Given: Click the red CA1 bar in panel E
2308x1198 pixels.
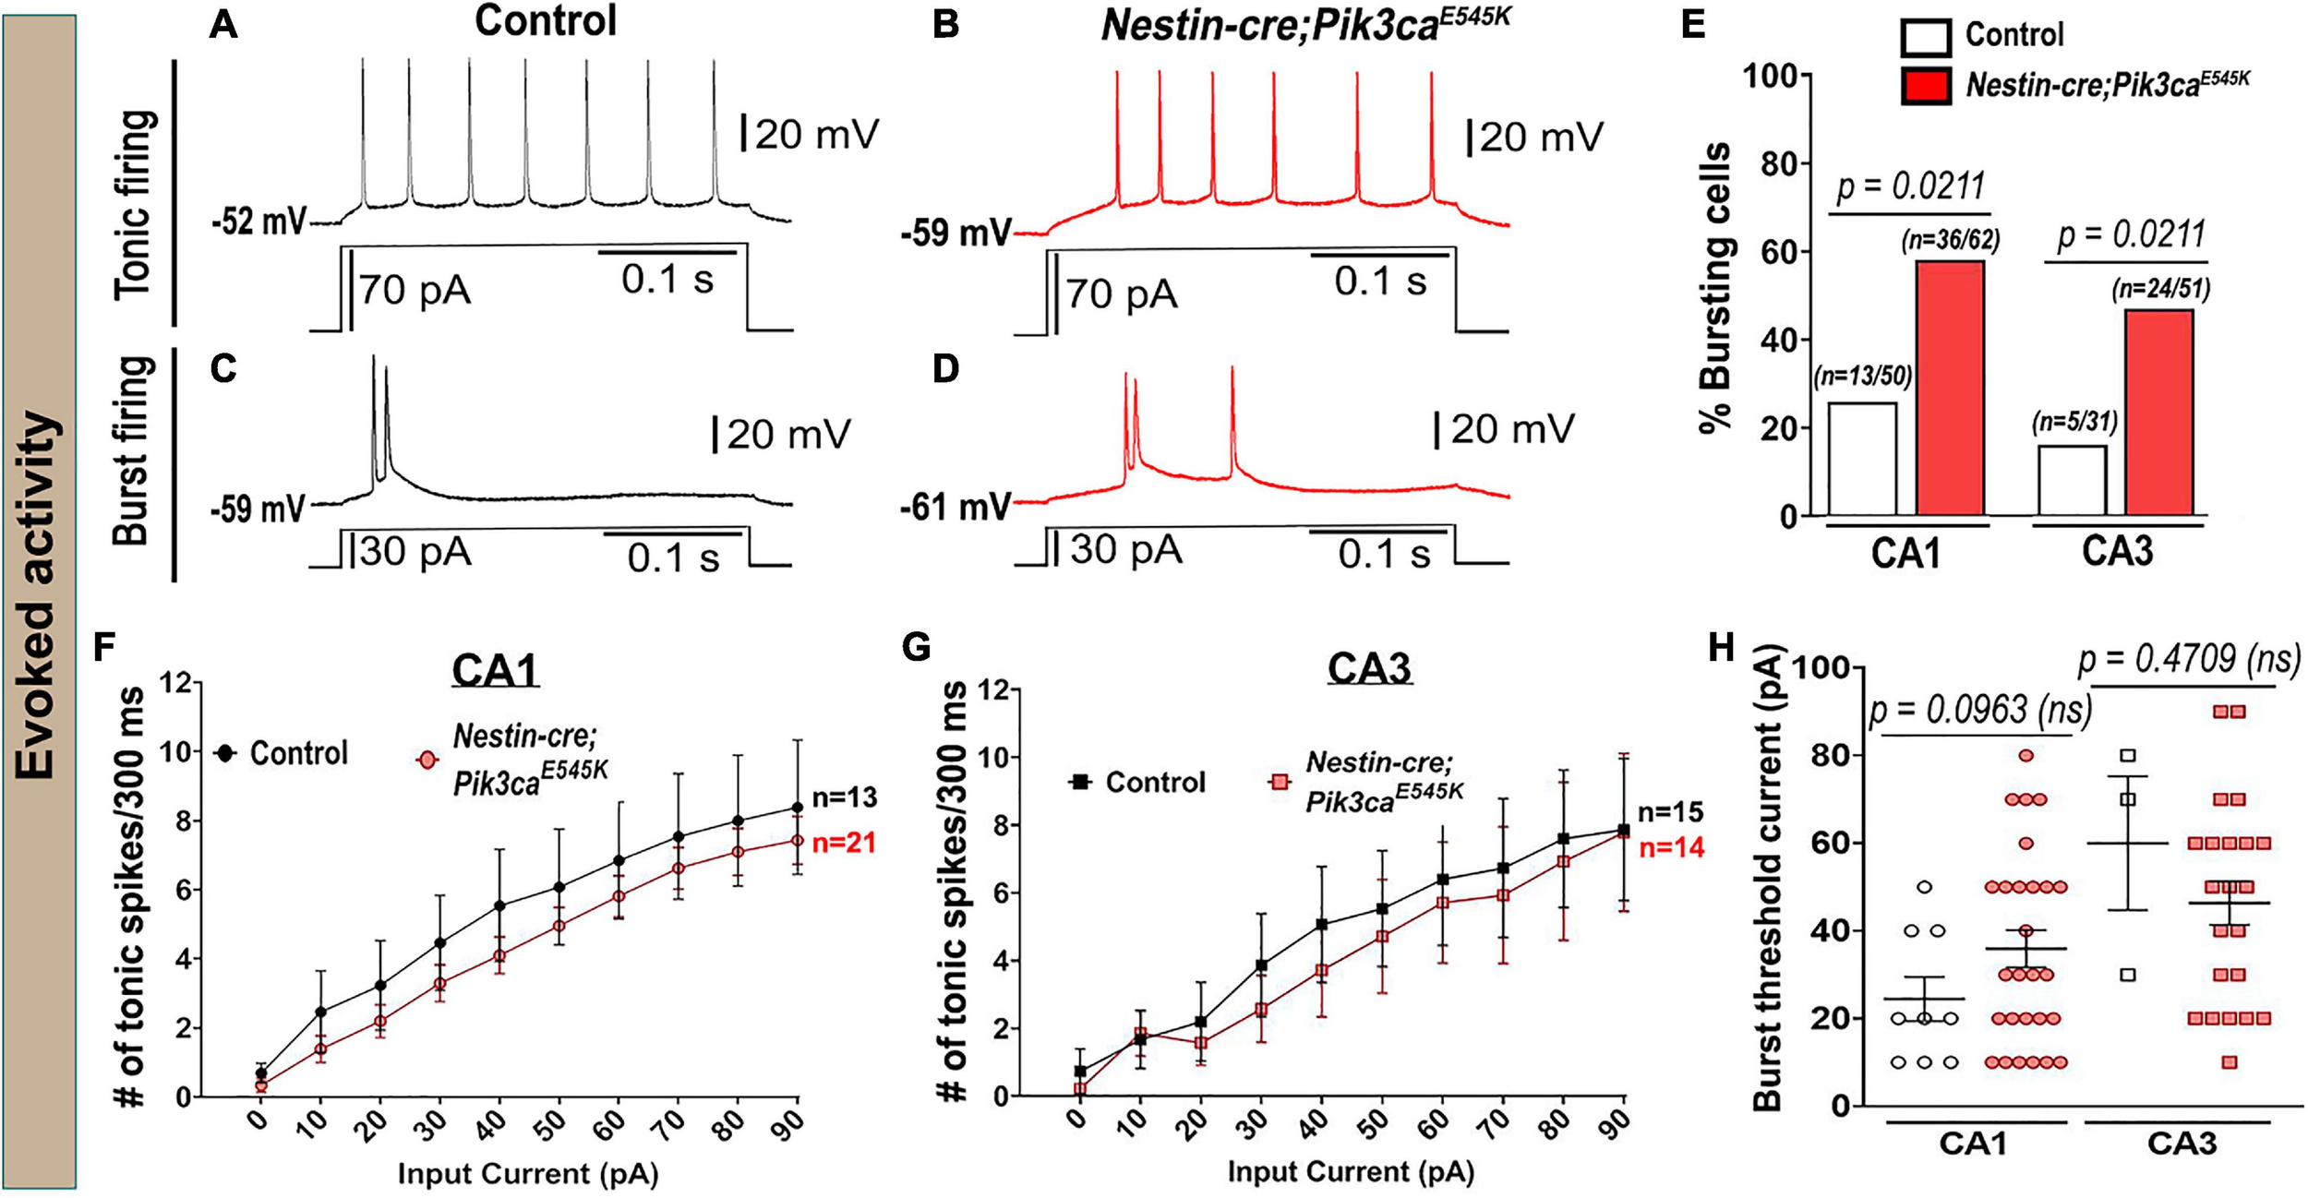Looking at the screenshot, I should (x=1950, y=388).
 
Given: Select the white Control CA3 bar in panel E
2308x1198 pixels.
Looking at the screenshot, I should (x=2072, y=481).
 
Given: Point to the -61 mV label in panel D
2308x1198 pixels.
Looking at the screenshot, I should (x=956, y=507).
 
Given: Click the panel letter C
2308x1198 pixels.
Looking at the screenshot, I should (x=223, y=368).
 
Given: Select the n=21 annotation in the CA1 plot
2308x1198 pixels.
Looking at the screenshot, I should (x=844, y=843).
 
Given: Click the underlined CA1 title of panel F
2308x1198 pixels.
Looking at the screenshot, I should (x=495, y=671).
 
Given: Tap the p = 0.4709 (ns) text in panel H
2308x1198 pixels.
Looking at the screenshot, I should (x=2188, y=660).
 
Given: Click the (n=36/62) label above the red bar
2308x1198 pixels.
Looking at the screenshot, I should (x=1950, y=241).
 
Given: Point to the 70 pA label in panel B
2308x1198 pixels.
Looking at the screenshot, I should (x=1122, y=295).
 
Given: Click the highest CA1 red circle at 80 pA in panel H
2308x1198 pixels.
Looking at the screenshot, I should (x=2026, y=756).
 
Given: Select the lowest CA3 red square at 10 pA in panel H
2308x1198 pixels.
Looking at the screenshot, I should (x=2230, y=1062).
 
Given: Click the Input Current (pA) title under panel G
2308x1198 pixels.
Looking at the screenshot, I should (x=1351, y=1172).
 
